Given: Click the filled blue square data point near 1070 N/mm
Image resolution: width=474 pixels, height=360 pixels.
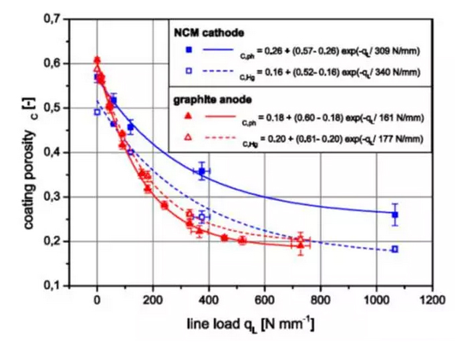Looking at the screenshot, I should point(395,215).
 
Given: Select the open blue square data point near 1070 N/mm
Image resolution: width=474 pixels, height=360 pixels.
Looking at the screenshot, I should point(395,249).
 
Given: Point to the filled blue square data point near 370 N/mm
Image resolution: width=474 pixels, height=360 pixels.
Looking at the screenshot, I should point(201,172).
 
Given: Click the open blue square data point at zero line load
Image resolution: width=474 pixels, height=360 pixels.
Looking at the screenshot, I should point(98,112).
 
